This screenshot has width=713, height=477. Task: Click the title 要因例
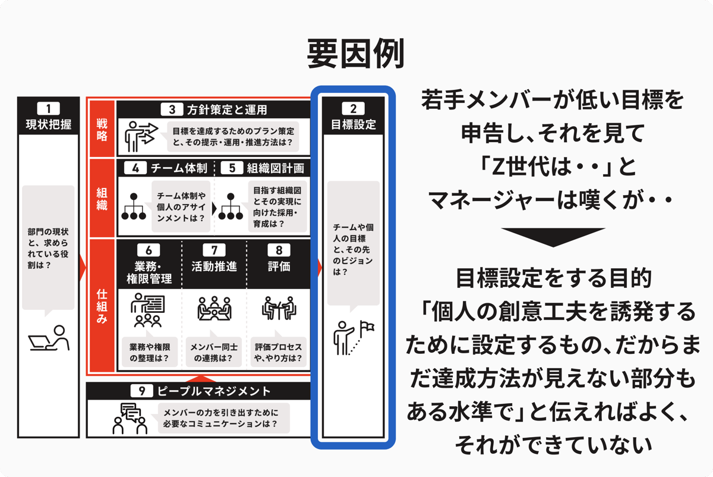(355, 54)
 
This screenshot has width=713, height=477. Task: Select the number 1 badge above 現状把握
(48, 108)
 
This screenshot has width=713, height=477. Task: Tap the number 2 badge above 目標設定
(353, 108)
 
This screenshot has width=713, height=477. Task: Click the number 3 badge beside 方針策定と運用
(172, 109)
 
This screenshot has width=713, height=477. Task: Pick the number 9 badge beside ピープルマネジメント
(141, 391)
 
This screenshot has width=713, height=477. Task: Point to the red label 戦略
(102, 130)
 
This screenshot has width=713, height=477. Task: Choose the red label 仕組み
(102, 306)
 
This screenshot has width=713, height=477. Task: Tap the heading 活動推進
(214, 266)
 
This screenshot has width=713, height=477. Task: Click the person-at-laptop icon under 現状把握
(49, 338)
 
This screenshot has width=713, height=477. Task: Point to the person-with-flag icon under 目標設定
(354, 337)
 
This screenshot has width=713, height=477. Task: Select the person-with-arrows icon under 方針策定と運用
(141, 136)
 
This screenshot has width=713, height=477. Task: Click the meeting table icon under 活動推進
(214, 308)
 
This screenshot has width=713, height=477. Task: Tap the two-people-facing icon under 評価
(279, 308)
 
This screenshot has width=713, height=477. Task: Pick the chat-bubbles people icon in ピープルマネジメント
(130, 418)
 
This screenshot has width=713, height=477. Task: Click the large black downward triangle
(553, 237)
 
